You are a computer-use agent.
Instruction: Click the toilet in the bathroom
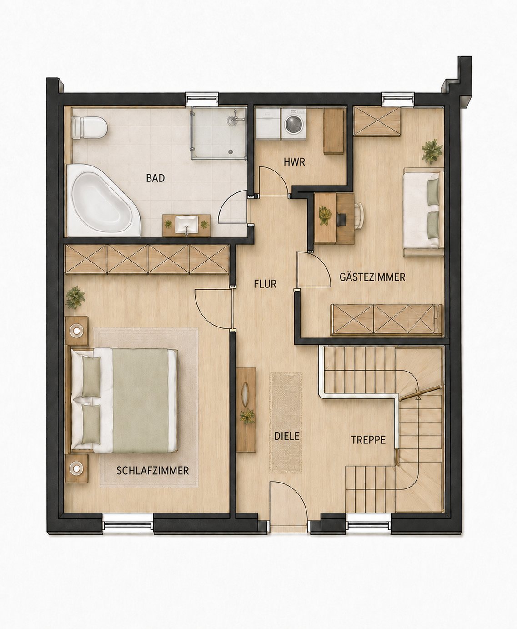pyautogui.click(x=90, y=127)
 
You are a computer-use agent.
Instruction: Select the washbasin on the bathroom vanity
pyautogui.click(x=186, y=224)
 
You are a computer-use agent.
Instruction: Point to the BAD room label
pyautogui.click(x=156, y=178)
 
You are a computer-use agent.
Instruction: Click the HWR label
pyautogui.click(x=294, y=162)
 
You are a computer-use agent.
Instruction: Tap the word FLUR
pyautogui.click(x=265, y=284)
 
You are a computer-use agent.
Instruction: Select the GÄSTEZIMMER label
pyautogui.click(x=372, y=277)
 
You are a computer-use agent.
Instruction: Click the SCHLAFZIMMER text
pyautogui.click(x=152, y=471)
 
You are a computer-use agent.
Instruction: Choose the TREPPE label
pyautogui.click(x=368, y=440)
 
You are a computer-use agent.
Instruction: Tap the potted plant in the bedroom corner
pyautogui.click(x=75, y=297)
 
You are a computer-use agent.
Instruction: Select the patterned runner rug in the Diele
pyautogui.click(x=286, y=423)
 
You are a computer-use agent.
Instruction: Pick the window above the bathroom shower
pyautogui.click(x=202, y=99)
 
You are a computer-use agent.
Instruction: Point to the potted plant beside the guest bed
pyautogui.click(x=432, y=151)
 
